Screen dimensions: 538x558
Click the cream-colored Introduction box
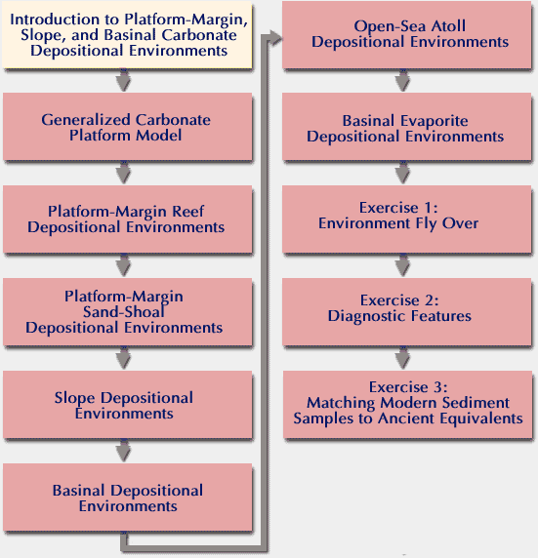127,34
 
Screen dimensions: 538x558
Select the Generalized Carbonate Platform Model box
128,127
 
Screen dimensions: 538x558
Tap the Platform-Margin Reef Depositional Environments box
128,219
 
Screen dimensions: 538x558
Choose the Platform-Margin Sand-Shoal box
128,312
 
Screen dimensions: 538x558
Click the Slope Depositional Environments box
128,405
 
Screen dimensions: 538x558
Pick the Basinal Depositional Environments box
128,498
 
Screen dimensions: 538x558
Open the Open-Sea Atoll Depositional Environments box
407,34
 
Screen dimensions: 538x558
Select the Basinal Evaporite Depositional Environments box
407,127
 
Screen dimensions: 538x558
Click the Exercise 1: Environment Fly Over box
407,219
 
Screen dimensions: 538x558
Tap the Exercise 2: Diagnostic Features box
407,312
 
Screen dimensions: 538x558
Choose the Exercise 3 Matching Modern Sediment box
407,405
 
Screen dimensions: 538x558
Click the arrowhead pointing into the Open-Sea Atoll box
275,37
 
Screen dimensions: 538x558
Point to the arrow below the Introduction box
124,80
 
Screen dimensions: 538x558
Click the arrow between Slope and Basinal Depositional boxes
124,451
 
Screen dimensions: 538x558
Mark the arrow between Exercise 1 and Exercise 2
402,265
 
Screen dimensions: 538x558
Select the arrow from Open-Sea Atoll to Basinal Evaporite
402,80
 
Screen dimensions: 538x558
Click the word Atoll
448,26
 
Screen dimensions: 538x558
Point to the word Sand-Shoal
124,312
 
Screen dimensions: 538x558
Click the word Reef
187,212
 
